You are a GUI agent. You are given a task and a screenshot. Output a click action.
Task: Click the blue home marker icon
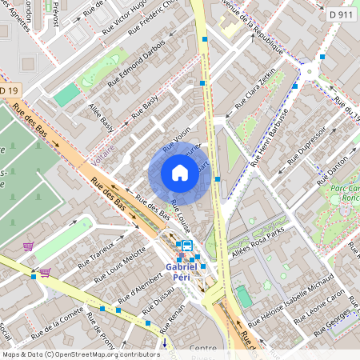180,173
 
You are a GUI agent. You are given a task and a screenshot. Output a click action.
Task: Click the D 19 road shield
8,90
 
